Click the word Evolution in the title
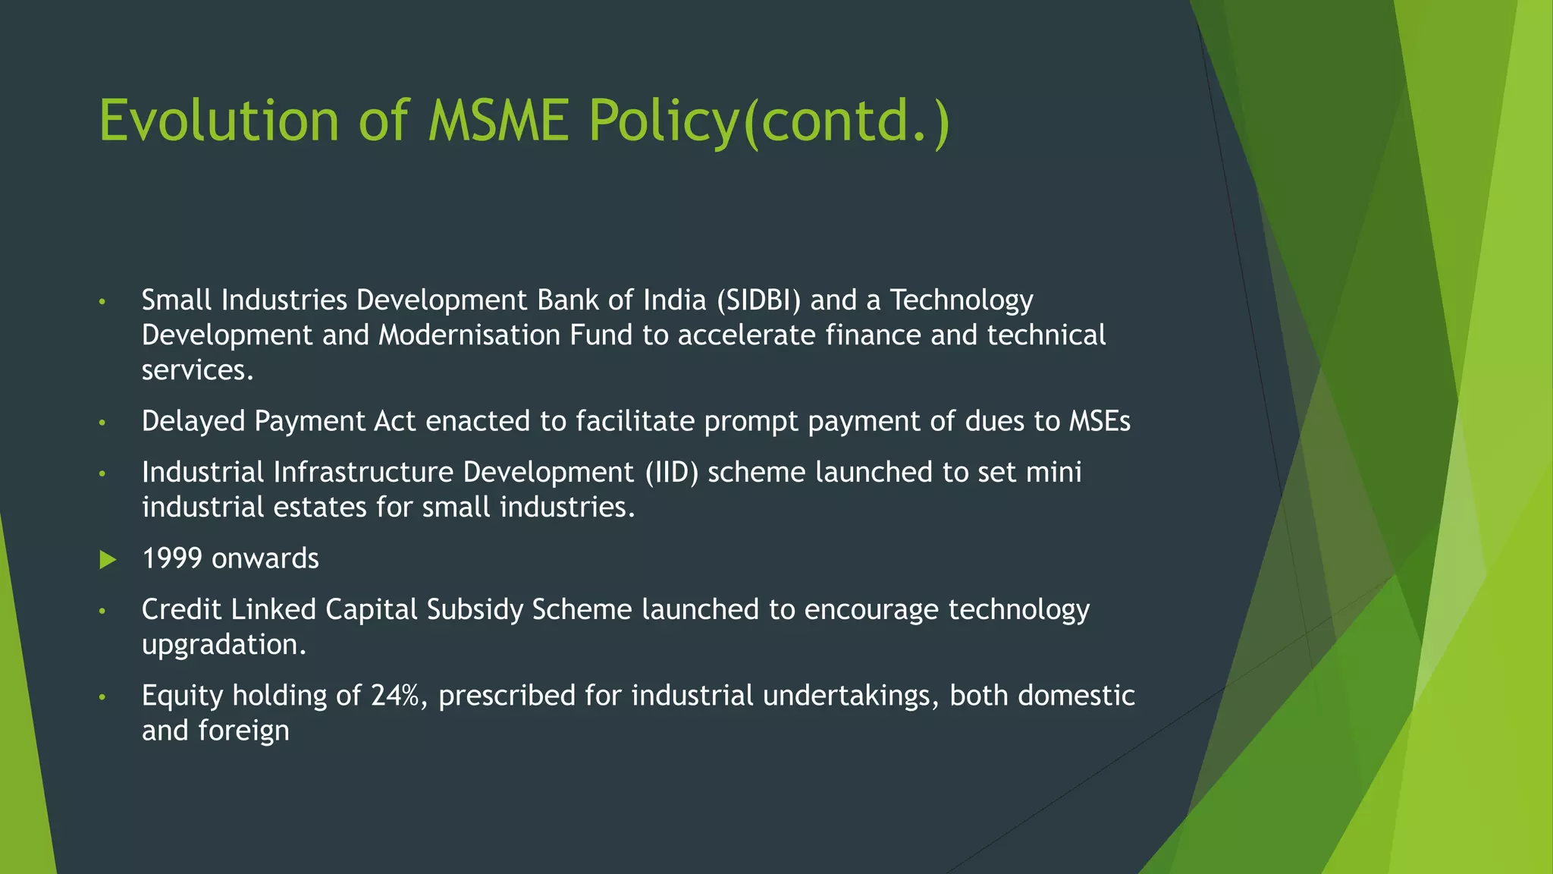(219, 121)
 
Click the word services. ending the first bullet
(197, 370)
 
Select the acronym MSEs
(1100, 422)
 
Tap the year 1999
(172, 559)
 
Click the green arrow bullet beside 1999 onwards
(108, 560)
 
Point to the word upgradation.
(224, 645)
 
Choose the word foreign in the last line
(243, 731)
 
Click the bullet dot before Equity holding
(102, 696)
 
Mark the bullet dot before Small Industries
(102, 302)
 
